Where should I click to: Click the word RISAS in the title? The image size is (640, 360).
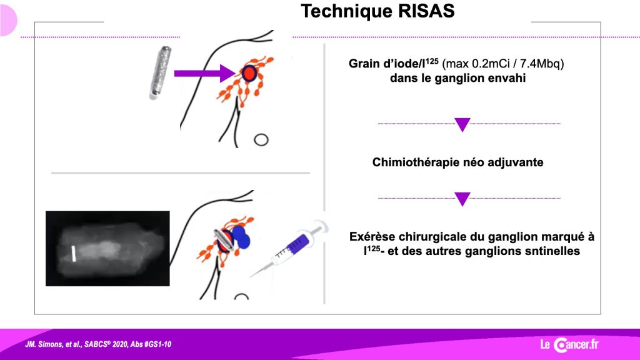pyautogui.click(x=426, y=11)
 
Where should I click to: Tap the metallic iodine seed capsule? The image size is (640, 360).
pyautogui.click(x=160, y=72)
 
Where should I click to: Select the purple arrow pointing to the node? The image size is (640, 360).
pyautogui.click(x=205, y=74)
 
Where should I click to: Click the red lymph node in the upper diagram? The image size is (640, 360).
pyautogui.click(x=249, y=74)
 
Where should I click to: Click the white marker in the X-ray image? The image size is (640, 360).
pyautogui.click(x=74, y=254)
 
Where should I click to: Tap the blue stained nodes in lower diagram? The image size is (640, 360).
pyautogui.click(x=240, y=236)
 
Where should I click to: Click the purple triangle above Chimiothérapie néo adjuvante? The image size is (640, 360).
pyautogui.click(x=462, y=124)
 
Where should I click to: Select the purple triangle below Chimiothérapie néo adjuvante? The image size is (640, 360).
pyautogui.click(x=462, y=199)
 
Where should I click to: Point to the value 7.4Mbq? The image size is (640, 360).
pyautogui.click(x=542, y=64)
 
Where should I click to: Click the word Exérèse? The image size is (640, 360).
pyautogui.click(x=372, y=237)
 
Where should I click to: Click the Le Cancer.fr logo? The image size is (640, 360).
pyautogui.click(x=569, y=344)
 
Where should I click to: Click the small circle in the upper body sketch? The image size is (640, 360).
pyautogui.click(x=261, y=140)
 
